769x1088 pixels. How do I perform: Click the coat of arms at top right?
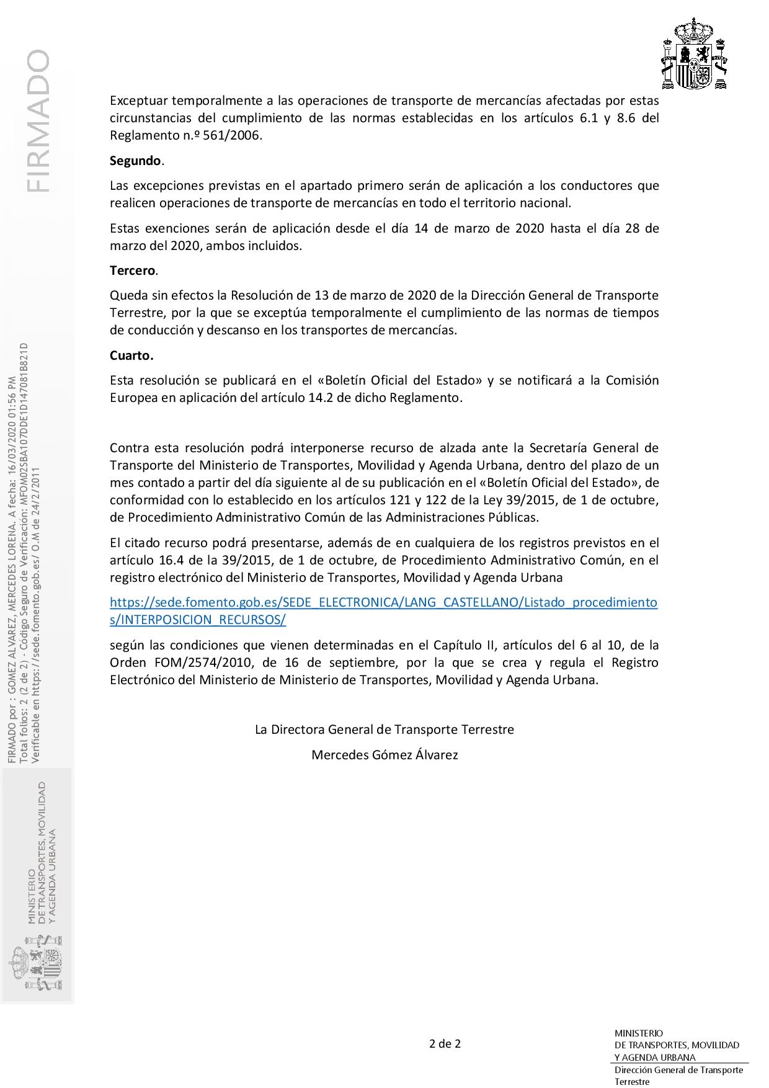694,55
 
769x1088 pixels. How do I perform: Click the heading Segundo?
136,161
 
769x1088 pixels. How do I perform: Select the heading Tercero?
133,270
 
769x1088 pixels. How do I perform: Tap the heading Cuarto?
131,355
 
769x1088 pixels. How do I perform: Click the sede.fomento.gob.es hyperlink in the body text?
383,602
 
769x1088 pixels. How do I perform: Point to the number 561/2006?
232,135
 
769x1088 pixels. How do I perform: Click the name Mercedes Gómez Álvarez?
384,755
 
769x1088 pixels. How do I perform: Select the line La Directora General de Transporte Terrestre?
384,729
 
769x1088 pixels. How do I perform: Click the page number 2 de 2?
445,1043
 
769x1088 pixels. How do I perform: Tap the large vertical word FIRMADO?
38,121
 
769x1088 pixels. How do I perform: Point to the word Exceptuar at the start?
138,100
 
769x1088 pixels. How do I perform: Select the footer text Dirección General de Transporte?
678,1069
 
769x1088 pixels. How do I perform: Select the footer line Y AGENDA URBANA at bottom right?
655,1057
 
